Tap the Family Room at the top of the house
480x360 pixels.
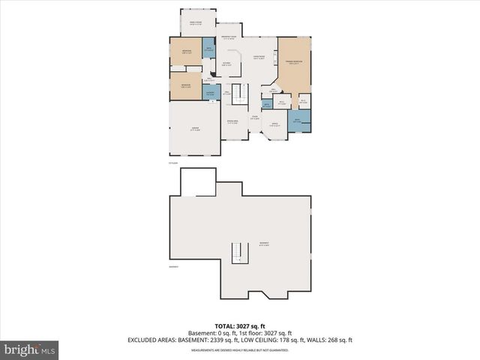tap(197, 22)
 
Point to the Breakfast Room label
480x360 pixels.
tap(229, 37)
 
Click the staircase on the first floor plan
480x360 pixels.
tap(239, 94)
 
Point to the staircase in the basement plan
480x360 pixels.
tap(239, 253)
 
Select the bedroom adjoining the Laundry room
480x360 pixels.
tap(185, 85)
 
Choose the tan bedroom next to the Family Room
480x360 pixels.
tap(185, 52)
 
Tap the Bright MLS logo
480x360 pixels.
tap(30, 349)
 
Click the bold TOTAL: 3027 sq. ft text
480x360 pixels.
tap(240, 326)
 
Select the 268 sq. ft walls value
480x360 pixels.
tap(338, 340)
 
